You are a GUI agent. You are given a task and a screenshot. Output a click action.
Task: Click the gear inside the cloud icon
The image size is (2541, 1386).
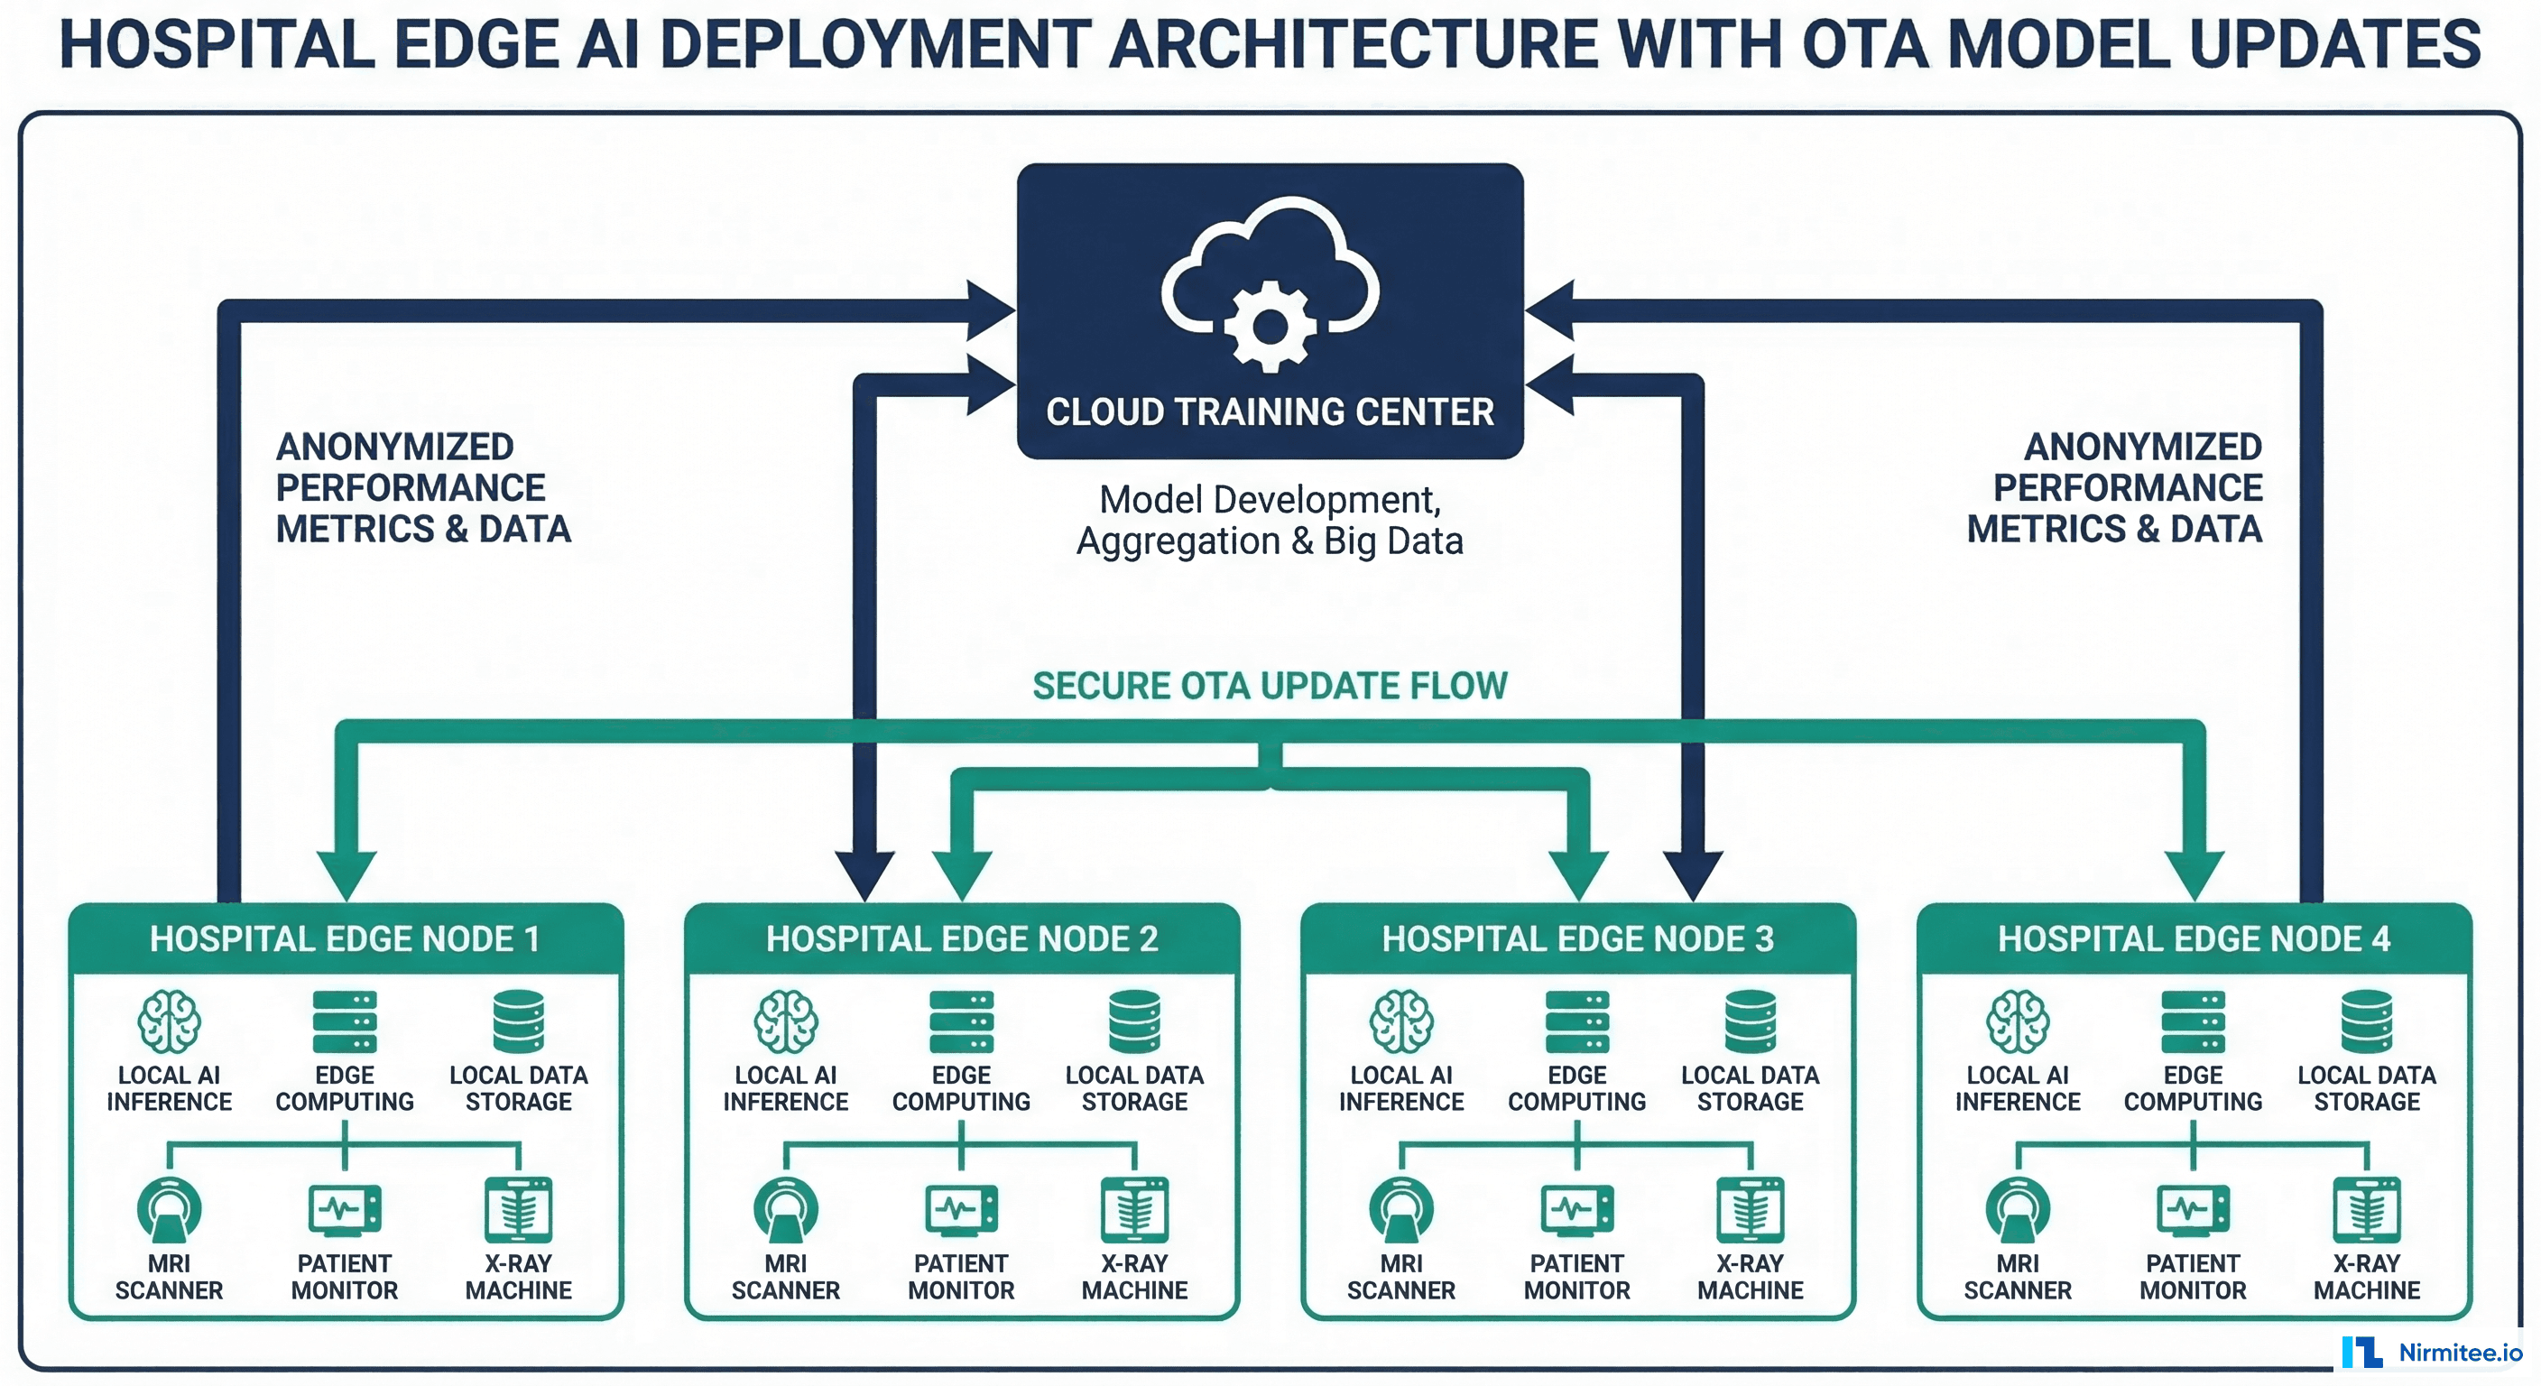1270,327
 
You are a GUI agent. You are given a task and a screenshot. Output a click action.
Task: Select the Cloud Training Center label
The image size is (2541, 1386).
1270,411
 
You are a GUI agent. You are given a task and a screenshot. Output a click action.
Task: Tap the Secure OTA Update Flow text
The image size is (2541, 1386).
1270,686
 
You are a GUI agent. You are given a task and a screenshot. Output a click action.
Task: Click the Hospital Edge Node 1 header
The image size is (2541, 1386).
346,938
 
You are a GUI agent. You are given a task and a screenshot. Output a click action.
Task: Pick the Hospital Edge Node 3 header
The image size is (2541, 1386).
1577,938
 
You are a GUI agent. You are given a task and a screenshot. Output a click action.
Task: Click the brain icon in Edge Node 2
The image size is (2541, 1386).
785,1021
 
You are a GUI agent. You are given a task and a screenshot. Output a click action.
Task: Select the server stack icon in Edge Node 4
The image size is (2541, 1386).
2193,1021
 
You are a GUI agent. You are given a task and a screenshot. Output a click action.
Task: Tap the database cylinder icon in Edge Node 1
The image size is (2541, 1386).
519,1021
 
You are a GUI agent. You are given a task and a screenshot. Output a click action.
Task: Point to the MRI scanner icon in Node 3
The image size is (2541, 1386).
1400,1209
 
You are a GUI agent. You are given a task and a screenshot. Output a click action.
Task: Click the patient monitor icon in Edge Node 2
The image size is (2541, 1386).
961,1209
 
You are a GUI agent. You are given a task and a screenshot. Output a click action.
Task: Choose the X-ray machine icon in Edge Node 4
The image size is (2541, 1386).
2367,1209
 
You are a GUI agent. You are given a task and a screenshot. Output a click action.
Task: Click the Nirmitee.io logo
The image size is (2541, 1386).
2432,1353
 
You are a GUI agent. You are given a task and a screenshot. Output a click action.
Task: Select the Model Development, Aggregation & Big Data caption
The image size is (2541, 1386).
1270,520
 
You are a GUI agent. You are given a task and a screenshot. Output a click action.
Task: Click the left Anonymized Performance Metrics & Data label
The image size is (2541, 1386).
422,487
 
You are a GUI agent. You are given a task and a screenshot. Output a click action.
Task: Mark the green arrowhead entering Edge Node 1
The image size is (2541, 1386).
346,874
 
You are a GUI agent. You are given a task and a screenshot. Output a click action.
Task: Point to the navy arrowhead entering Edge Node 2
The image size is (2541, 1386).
865,874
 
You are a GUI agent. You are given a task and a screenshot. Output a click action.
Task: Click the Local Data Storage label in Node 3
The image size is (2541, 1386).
1750,1088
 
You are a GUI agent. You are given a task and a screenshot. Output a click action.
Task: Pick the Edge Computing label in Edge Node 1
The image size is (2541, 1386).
345,1088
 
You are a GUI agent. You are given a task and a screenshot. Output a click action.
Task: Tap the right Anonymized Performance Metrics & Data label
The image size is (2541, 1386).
2116,487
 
